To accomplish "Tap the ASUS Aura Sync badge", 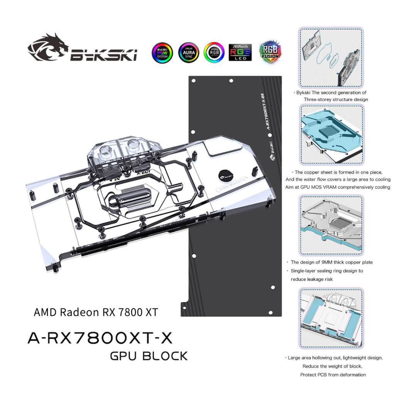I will pyautogui.click(x=188, y=52).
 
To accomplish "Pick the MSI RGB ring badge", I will pyautogui.click(x=214, y=52).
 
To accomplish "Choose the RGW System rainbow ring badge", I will pyautogui.click(x=162, y=52).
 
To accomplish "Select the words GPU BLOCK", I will pyautogui.click(x=149, y=356).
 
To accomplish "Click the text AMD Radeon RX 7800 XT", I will pyautogui.click(x=96, y=312).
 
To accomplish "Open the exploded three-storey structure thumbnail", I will pyautogui.click(x=331, y=57).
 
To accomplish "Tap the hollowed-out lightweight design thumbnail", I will pyautogui.click(x=331, y=318).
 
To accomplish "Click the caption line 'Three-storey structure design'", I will pyautogui.click(x=336, y=100).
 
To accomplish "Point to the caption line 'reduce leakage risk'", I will pyautogui.click(x=311, y=279).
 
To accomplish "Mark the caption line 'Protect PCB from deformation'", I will pyautogui.click(x=333, y=375).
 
